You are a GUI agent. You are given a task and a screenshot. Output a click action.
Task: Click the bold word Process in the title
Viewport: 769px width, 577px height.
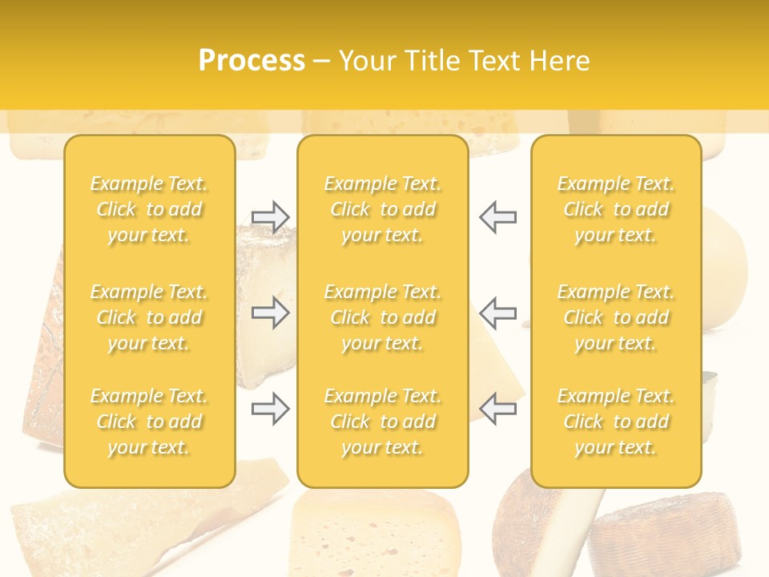pos(252,61)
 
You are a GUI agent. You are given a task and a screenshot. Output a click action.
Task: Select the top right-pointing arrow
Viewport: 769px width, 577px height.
pos(270,217)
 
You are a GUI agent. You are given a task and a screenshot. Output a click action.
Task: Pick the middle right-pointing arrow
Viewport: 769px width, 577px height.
pos(270,313)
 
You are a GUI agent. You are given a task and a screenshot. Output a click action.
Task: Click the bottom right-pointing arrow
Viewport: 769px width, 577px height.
pos(270,409)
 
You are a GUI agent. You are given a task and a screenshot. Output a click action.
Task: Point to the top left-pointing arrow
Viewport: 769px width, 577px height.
pos(498,217)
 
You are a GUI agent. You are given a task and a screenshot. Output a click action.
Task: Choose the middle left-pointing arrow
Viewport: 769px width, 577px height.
pos(498,313)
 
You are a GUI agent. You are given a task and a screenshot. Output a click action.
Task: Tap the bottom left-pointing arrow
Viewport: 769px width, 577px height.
pos(498,409)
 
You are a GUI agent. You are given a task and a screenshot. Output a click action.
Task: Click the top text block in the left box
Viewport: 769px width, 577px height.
pos(149,209)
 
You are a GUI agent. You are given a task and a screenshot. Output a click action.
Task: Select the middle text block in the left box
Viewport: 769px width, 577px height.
pos(149,317)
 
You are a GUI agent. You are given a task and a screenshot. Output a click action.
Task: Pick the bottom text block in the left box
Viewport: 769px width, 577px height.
pos(149,422)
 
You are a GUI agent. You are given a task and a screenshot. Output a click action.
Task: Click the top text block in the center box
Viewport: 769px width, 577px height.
pos(382,209)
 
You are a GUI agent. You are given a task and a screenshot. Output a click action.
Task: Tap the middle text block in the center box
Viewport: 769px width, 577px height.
pos(382,317)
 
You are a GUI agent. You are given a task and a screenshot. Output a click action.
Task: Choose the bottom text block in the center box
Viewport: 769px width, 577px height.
pos(382,422)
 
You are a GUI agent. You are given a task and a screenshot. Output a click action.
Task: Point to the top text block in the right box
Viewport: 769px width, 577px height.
pos(616,209)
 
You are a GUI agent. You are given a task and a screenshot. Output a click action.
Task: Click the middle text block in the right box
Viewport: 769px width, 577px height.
pos(616,317)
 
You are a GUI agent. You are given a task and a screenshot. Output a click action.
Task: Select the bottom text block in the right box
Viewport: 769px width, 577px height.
pos(616,422)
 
